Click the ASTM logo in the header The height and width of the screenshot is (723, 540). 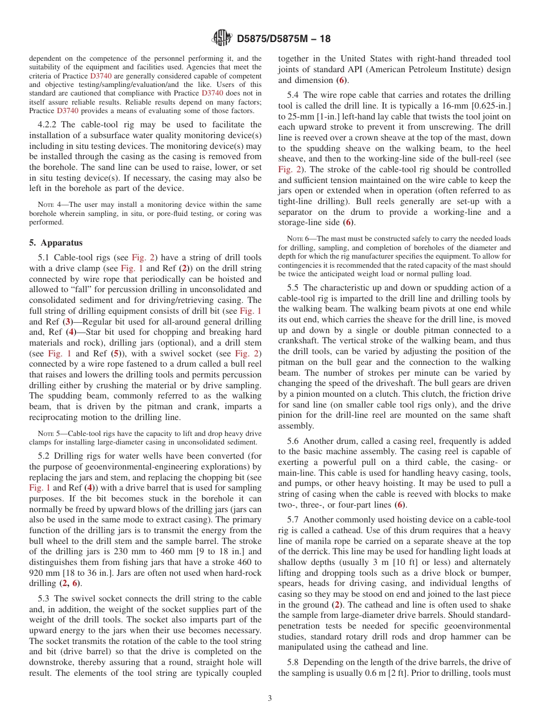[x=222, y=39]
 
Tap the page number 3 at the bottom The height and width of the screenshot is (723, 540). [x=270, y=699]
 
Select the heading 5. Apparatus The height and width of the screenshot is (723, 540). [x=56, y=243]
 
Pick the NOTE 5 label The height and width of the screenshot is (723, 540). [x=47, y=433]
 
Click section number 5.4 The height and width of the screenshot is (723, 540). [x=293, y=95]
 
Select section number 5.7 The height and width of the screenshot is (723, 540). [x=293, y=520]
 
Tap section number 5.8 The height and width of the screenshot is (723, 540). [x=293, y=662]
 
